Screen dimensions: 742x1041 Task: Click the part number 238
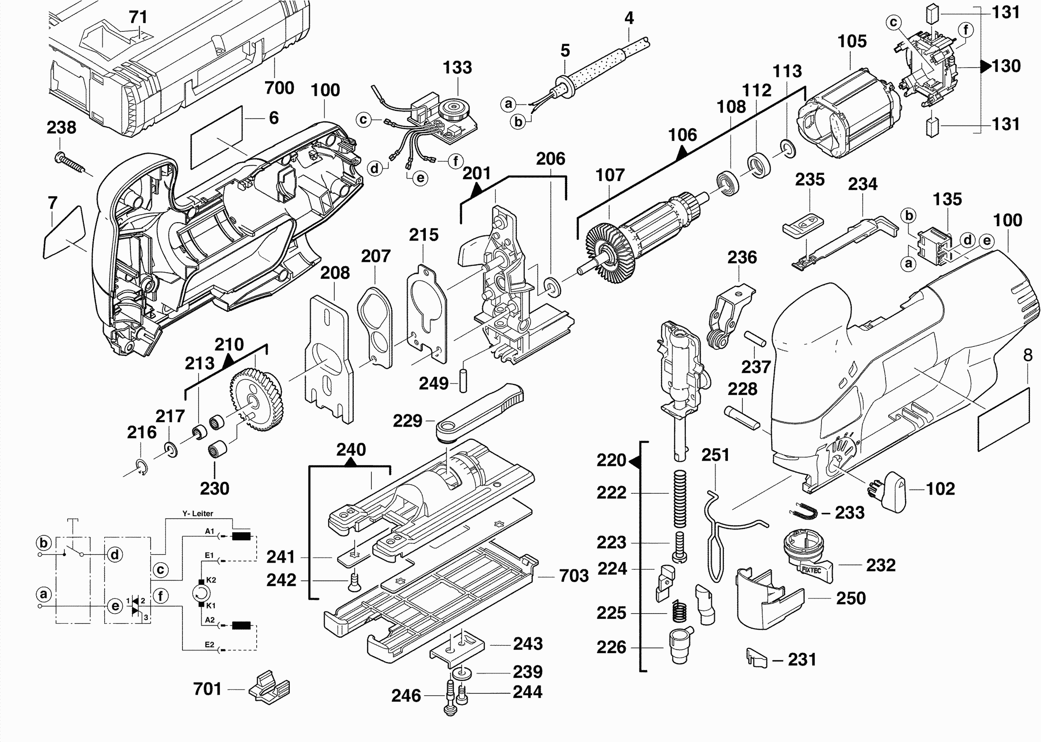point(61,128)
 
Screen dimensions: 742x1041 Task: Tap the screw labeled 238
point(71,163)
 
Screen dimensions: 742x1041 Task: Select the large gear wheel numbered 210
point(256,400)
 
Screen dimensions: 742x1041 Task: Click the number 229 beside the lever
point(408,421)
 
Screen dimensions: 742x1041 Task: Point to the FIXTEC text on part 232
point(811,570)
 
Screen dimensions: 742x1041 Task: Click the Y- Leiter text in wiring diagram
point(197,514)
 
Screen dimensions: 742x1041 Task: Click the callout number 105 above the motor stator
point(852,42)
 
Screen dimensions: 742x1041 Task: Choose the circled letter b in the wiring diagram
point(43,543)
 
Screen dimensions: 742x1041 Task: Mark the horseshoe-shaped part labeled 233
point(804,512)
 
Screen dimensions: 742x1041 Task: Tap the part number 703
point(574,575)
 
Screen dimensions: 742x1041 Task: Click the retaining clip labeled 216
point(142,468)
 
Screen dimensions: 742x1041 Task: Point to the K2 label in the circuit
point(211,580)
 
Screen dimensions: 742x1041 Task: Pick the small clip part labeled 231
point(756,658)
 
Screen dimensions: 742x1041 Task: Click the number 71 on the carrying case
point(138,17)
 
